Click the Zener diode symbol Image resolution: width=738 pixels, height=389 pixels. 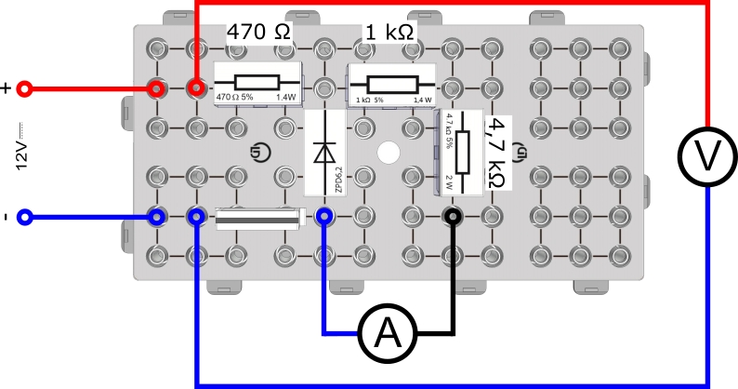click(324, 151)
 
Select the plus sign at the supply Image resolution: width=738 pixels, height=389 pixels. click(7, 89)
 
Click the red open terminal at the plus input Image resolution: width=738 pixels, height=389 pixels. click(26, 89)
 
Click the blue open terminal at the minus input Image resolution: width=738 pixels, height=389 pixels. click(26, 218)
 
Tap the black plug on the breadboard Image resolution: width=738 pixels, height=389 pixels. click(452, 218)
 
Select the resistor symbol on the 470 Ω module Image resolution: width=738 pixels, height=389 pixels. click(259, 81)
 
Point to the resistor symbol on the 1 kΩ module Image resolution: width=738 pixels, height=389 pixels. click(389, 81)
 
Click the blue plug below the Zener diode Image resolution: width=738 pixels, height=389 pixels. click(324, 218)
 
